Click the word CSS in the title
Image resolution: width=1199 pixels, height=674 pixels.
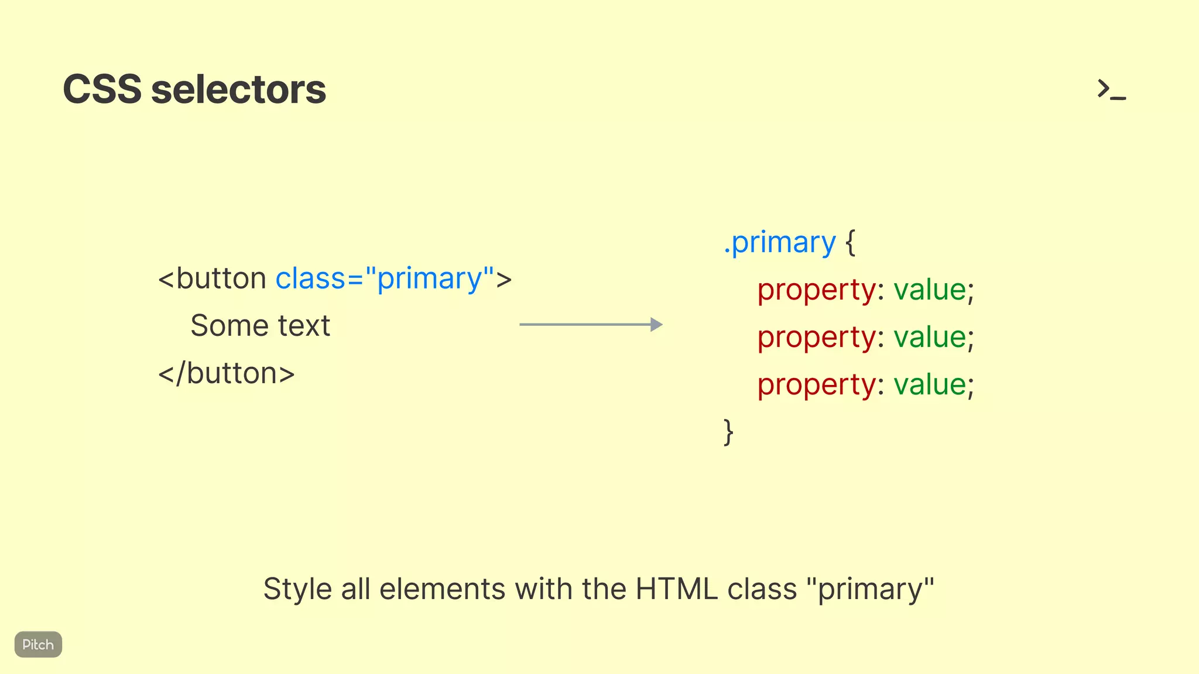point(102,90)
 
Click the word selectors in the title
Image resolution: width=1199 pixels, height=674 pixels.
point(238,90)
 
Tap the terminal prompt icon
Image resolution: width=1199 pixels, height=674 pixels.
point(1111,90)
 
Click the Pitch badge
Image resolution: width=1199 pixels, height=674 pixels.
point(38,644)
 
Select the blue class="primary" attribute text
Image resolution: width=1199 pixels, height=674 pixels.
point(385,278)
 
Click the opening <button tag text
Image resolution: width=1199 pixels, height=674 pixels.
point(213,278)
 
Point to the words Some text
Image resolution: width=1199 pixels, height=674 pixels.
point(260,326)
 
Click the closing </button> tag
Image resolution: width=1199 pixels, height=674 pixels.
point(227,373)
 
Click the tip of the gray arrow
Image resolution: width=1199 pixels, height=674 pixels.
point(660,325)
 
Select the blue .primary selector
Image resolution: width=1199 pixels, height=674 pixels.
point(780,242)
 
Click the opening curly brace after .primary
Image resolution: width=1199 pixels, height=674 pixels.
point(850,242)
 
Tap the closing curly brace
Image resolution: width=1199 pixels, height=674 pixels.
point(728,432)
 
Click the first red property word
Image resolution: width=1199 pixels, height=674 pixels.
point(816,290)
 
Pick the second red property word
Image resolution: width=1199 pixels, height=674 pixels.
point(816,338)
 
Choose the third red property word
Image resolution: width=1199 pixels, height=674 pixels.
point(816,385)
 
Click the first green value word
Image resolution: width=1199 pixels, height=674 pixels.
point(930,290)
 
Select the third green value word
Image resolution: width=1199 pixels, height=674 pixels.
point(930,385)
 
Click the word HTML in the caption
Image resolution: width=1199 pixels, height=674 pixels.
point(676,589)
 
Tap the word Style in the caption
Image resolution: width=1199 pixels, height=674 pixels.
point(297,589)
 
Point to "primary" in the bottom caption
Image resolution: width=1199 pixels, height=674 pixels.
point(870,589)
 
